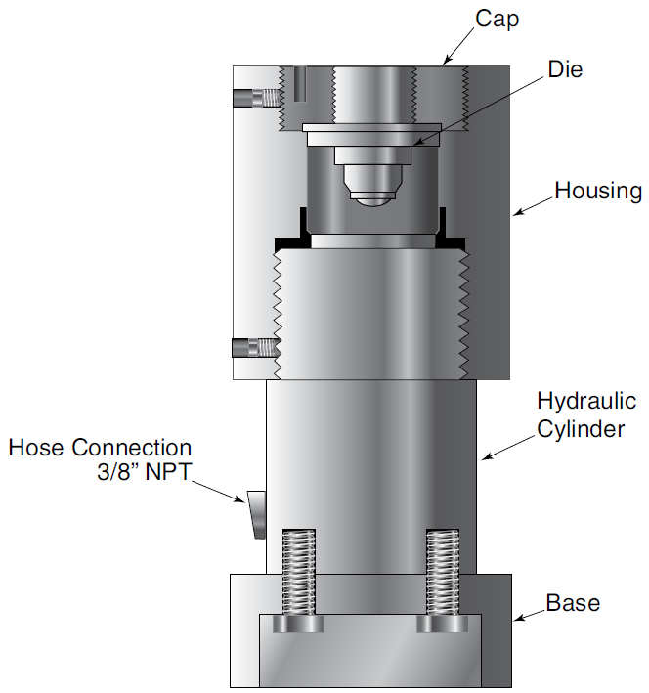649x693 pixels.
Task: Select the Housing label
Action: [598, 190]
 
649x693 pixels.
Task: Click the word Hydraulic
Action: [586, 401]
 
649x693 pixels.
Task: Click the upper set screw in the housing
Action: [256, 97]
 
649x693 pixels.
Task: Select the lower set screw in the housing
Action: [254, 347]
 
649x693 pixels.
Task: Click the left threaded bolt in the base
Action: [300, 577]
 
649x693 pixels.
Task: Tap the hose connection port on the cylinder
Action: [256, 514]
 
